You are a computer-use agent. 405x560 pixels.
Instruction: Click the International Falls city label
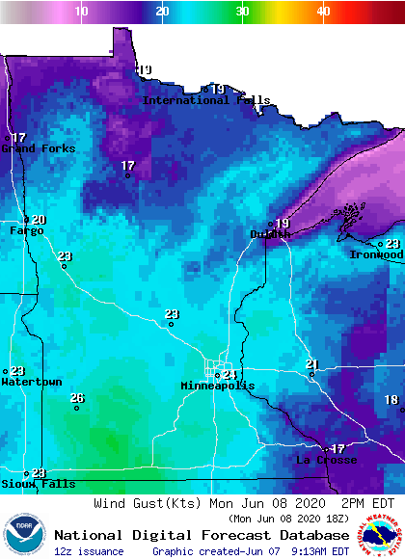[x=200, y=100]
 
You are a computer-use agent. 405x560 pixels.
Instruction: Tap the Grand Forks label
[x=38, y=148]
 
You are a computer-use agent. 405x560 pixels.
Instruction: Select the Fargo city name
[x=27, y=230]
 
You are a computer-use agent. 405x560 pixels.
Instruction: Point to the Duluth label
[x=270, y=234]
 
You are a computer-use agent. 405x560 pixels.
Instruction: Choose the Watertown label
[x=31, y=383]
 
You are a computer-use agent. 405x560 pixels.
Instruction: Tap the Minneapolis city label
[x=218, y=386]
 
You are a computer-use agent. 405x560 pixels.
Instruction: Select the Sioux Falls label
[x=26, y=483]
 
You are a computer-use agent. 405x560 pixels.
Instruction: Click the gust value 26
[x=77, y=398]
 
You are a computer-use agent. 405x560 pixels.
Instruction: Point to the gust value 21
[x=311, y=363]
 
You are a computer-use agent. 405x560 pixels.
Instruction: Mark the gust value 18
[x=391, y=399]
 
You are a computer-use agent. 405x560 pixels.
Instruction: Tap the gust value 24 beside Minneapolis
[x=229, y=374]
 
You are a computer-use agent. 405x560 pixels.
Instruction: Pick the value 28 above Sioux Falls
[x=39, y=472]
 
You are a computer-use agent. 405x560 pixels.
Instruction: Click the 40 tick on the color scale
[x=323, y=11]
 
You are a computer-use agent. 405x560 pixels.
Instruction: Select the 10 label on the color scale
[x=82, y=11]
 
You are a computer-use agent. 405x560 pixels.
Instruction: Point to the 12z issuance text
[x=89, y=551]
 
